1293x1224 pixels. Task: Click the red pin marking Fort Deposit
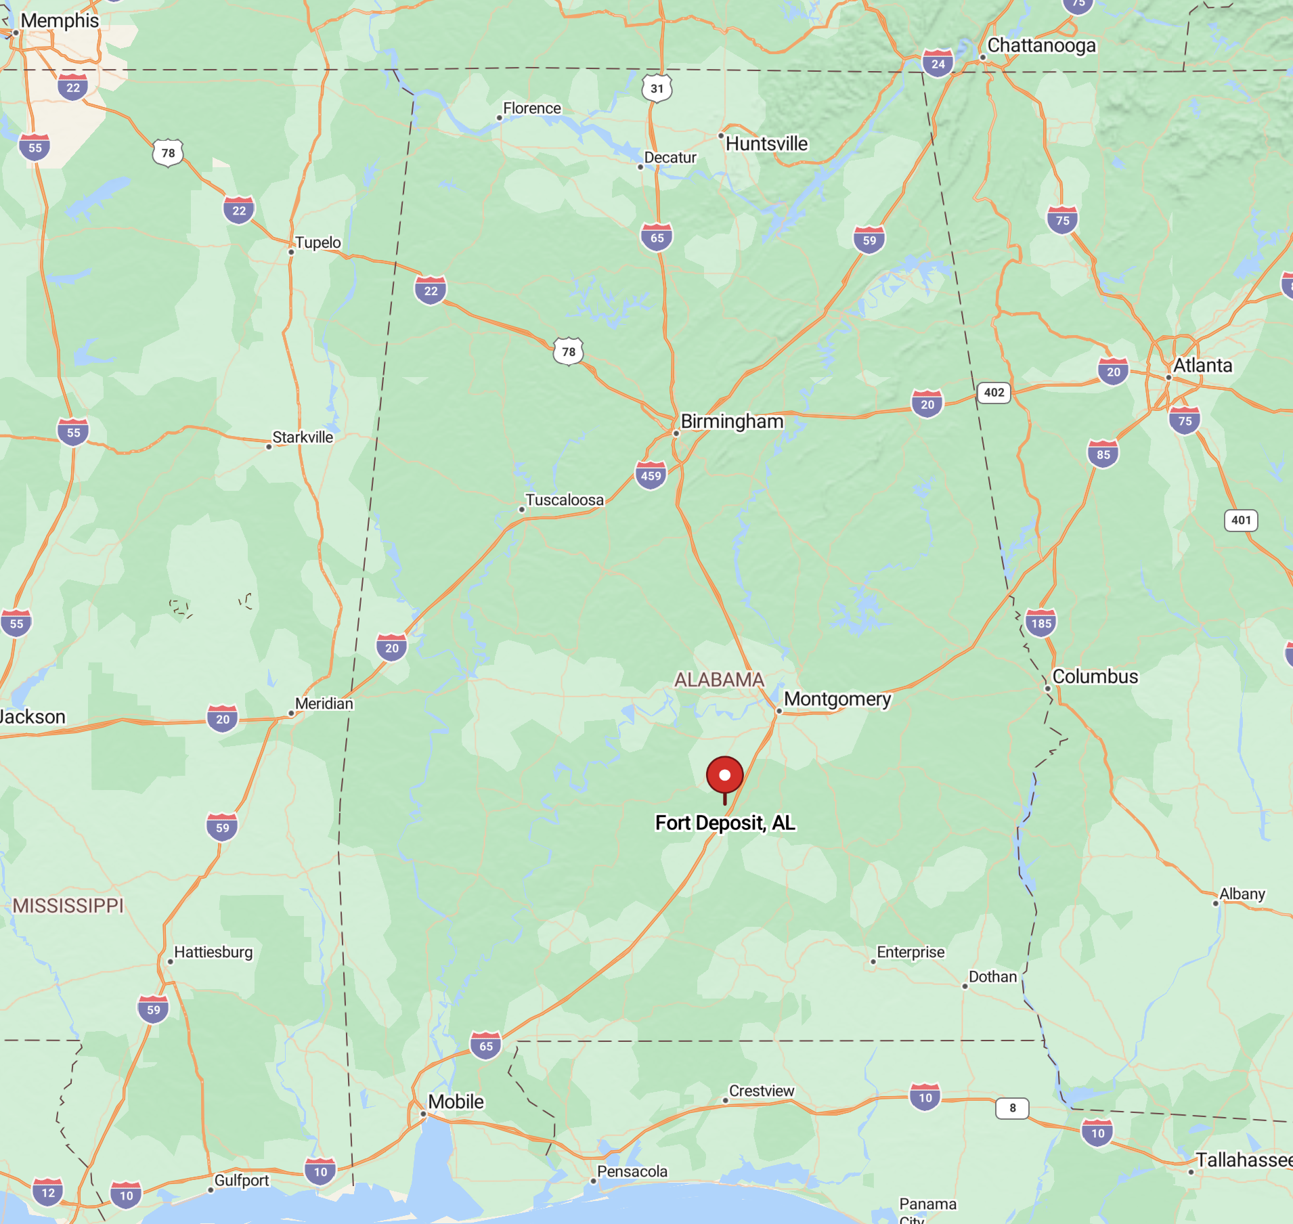(724, 775)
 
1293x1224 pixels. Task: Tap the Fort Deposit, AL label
(725, 823)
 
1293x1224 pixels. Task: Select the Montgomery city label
(837, 699)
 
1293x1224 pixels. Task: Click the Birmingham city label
(731, 421)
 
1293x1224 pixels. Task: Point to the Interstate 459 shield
(651, 475)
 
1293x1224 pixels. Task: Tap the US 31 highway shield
(657, 88)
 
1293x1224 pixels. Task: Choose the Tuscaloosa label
(564, 500)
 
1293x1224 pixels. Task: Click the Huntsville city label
(766, 144)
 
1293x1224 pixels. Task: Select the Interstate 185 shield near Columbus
(1041, 623)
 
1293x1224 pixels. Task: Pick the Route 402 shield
(994, 393)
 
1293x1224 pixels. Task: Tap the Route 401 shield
(1241, 520)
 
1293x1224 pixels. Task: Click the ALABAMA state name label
(719, 679)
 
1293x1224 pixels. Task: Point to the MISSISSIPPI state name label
(68, 905)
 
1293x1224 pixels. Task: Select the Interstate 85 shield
(1103, 454)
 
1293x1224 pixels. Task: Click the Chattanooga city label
(1041, 45)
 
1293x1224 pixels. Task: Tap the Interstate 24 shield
(938, 64)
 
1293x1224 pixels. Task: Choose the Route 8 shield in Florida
(1012, 1108)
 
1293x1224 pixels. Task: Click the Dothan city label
(992, 976)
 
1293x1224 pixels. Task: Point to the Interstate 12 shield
(48, 1192)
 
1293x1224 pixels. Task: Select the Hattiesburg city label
(213, 952)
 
